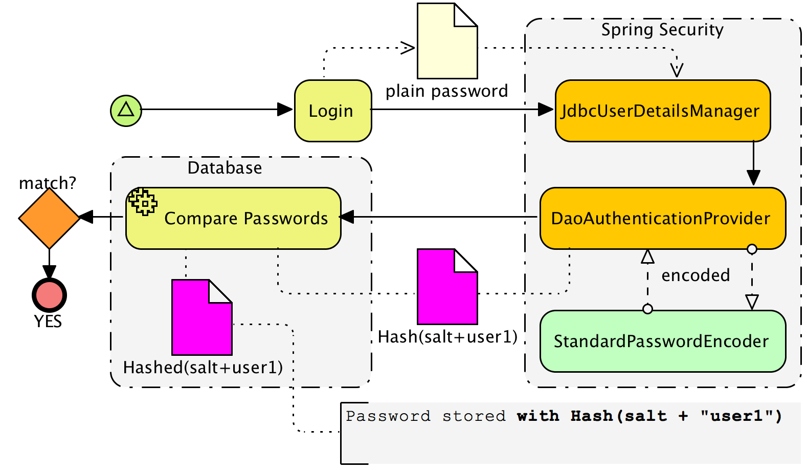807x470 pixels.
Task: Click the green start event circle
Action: (x=126, y=111)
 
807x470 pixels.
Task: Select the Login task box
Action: (x=333, y=111)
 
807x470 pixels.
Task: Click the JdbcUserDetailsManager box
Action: (x=663, y=111)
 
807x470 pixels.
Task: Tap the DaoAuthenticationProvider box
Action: (x=663, y=218)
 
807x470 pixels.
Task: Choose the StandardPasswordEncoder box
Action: (x=663, y=341)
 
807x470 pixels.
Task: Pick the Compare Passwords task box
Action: (x=233, y=218)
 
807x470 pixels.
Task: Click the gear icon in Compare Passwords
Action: (x=143, y=202)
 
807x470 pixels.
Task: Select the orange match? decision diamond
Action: (x=49, y=218)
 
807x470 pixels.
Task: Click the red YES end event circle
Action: (x=50, y=295)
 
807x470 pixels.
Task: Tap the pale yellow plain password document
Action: (x=447, y=41)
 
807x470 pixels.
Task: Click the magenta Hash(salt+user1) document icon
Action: (x=447, y=287)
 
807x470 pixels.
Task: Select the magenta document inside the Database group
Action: (x=202, y=317)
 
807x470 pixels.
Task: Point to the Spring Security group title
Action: (x=662, y=30)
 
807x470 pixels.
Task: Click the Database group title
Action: (x=225, y=168)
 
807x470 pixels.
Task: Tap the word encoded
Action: (x=696, y=275)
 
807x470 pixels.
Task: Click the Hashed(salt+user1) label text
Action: (x=203, y=368)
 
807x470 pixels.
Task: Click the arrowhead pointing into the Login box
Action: (x=285, y=109)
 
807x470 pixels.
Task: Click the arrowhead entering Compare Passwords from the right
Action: (x=347, y=217)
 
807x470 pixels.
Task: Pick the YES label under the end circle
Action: (x=48, y=321)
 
